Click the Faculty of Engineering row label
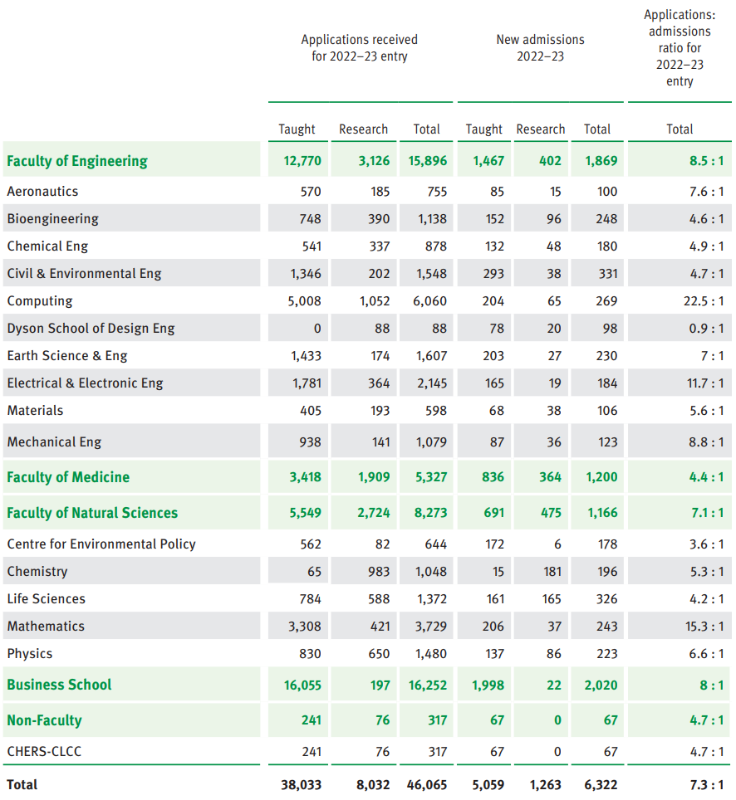pos(77,161)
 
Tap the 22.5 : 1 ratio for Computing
pos(704,301)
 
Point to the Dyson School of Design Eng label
pos(91,329)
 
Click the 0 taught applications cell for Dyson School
pos(316,329)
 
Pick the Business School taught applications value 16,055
pos(302,685)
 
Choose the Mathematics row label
pos(46,627)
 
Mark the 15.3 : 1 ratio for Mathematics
pos(704,627)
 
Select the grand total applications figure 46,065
pos(426,784)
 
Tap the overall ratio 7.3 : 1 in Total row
pos(706,784)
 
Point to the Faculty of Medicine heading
pos(68,477)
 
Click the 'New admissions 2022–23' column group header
pos(540,48)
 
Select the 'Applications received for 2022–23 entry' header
pos(360,48)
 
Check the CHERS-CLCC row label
pos(44,752)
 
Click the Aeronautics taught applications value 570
pos(311,192)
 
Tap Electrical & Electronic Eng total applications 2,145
pos(431,383)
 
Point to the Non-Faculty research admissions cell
pos(557,720)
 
